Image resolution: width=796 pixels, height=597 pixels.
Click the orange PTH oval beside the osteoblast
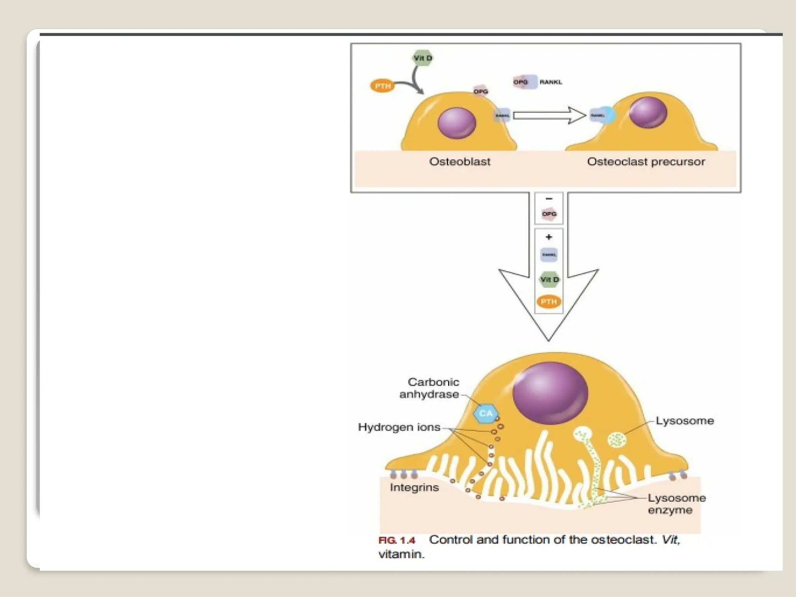click(x=382, y=86)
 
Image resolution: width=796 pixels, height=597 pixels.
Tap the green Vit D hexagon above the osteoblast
click(x=422, y=58)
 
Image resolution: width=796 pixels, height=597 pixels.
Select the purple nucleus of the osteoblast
click(x=457, y=123)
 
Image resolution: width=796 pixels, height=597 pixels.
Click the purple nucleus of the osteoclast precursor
click(x=648, y=112)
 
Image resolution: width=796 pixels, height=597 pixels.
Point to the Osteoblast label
click(x=459, y=162)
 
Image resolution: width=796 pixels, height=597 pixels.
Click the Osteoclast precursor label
click(x=646, y=162)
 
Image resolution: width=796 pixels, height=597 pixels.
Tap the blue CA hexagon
click(x=486, y=413)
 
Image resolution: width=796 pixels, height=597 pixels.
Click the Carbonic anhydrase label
click(x=429, y=388)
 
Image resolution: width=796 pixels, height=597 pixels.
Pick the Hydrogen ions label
click(x=399, y=427)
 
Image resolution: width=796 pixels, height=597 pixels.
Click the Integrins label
click(x=414, y=487)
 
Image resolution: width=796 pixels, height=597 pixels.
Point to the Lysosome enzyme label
click(x=676, y=504)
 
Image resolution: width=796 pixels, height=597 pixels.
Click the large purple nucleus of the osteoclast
click(x=550, y=393)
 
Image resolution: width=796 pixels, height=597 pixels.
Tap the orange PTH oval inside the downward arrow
click(x=549, y=302)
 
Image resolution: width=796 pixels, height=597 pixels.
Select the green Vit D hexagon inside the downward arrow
click(x=549, y=279)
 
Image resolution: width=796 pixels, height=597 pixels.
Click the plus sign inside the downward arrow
click(x=549, y=237)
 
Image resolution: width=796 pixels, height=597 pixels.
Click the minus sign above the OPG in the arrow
click(x=549, y=199)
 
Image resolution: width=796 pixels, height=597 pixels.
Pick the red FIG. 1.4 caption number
click(x=397, y=540)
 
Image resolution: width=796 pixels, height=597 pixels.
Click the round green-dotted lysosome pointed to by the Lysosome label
click(x=617, y=440)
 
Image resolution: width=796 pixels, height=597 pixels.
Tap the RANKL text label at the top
click(x=551, y=82)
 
